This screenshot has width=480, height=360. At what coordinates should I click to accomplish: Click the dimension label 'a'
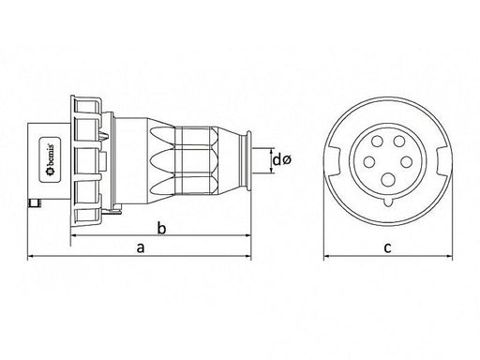pyautogui.click(x=141, y=247)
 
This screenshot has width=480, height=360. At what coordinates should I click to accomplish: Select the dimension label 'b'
pyautogui.click(x=161, y=228)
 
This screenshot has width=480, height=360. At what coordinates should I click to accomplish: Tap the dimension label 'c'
pyautogui.click(x=387, y=247)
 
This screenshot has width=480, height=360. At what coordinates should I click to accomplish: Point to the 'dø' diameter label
pyautogui.click(x=282, y=160)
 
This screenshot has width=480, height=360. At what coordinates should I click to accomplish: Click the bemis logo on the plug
pyautogui.click(x=50, y=159)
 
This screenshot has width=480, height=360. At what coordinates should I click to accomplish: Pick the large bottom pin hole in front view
pyautogui.click(x=388, y=180)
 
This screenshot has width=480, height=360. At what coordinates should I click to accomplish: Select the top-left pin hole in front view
pyautogui.click(x=377, y=142)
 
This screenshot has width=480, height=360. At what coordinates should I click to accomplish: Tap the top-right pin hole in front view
pyautogui.click(x=399, y=142)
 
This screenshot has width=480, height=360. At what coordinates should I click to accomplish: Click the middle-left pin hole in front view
pyautogui.click(x=369, y=162)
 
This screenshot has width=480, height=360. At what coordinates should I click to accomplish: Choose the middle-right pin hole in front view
pyautogui.click(x=406, y=162)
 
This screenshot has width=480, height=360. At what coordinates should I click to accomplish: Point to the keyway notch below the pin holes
pyautogui.click(x=388, y=202)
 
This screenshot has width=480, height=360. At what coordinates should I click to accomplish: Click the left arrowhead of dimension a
pyautogui.click(x=31, y=257)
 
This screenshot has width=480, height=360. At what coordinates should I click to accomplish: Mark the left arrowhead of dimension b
pyautogui.click(x=74, y=235)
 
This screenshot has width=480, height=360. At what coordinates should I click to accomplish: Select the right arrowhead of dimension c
pyautogui.click(x=449, y=257)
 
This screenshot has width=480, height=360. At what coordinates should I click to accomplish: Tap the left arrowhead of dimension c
pyautogui.click(x=327, y=257)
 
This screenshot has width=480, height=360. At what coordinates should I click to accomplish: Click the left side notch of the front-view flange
pyautogui.click(x=334, y=161)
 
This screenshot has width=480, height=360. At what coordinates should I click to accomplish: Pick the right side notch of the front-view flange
pyautogui.click(x=442, y=161)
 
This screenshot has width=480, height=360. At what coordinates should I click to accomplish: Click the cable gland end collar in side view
pyautogui.click(x=245, y=160)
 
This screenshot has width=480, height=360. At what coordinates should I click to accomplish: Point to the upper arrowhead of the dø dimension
pyautogui.click(x=272, y=151)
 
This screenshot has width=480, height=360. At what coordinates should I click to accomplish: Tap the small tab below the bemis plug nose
pyautogui.click(x=35, y=203)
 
